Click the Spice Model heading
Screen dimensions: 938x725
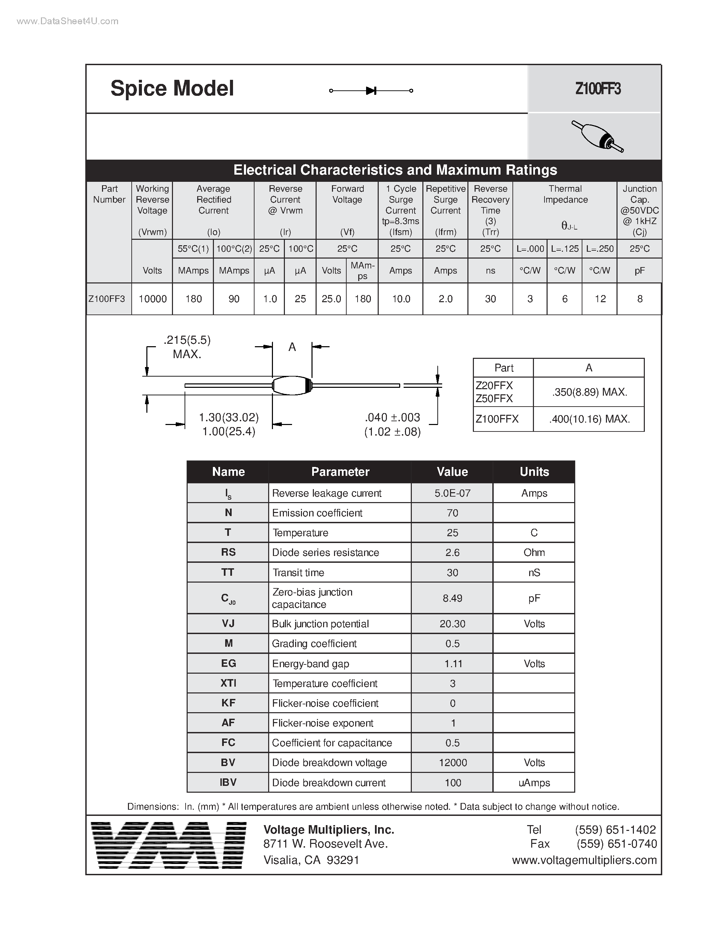pyautogui.click(x=172, y=88)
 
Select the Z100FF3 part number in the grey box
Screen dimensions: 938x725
pyautogui.click(x=597, y=89)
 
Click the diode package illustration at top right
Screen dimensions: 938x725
pyautogui.click(x=597, y=136)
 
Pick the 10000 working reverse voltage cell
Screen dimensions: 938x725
pyautogui.click(x=153, y=299)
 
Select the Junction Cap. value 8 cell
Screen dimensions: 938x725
pyautogui.click(x=639, y=299)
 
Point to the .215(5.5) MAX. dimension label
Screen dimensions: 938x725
pyautogui.click(x=187, y=347)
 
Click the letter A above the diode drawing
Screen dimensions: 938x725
pyautogui.click(x=292, y=347)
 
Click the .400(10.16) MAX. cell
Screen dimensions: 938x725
pyautogui.click(x=589, y=419)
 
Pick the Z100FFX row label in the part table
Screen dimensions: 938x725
pyautogui.click(x=497, y=419)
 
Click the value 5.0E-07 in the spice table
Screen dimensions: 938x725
pyautogui.click(x=452, y=493)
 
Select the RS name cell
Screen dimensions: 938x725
pyautogui.click(x=228, y=552)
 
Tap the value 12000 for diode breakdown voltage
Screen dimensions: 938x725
pyautogui.click(x=452, y=763)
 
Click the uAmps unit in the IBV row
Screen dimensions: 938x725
pyautogui.click(x=534, y=782)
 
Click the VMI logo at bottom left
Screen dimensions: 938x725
pyautogui.click(x=169, y=845)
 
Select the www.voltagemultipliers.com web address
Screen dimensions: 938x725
pyautogui.click(x=584, y=860)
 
